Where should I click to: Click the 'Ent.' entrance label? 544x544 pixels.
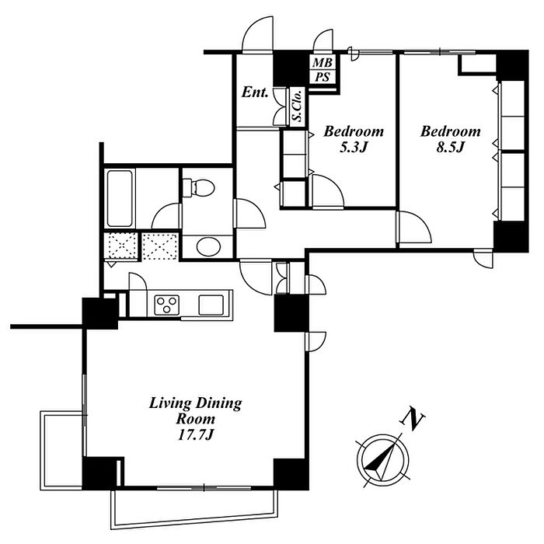[254, 93]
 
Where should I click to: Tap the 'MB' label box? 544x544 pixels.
[321, 62]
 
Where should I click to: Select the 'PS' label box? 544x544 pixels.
[321, 76]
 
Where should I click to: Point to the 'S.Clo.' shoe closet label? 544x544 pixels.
[297, 106]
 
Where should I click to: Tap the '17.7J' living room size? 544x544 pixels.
[196, 434]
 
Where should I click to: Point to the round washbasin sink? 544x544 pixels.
[207, 247]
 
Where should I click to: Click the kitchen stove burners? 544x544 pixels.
[167, 304]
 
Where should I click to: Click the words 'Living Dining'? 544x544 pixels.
[196, 404]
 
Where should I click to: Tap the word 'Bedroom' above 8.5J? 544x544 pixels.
[450, 131]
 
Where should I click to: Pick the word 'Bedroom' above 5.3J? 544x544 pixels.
[354, 131]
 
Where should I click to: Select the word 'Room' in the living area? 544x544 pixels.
[196, 419]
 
